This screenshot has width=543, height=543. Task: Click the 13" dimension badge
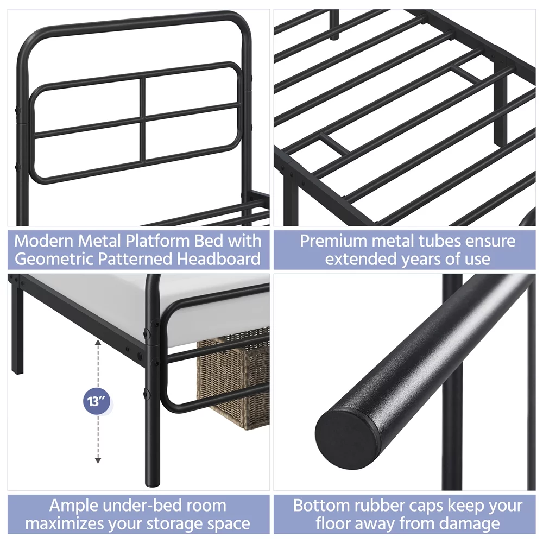pyautogui.click(x=96, y=402)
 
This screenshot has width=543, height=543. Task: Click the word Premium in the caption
pyautogui.click(x=333, y=241)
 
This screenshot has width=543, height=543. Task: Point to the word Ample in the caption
pyautogui.click(x=73, y=506)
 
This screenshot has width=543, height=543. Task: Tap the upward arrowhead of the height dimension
pyautogui.click(x=98, y=343)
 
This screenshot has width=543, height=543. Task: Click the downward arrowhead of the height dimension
pyautogui.click(x=98, y=460)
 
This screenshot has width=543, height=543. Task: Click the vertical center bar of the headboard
pyautogui.click(x=142, y=119)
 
